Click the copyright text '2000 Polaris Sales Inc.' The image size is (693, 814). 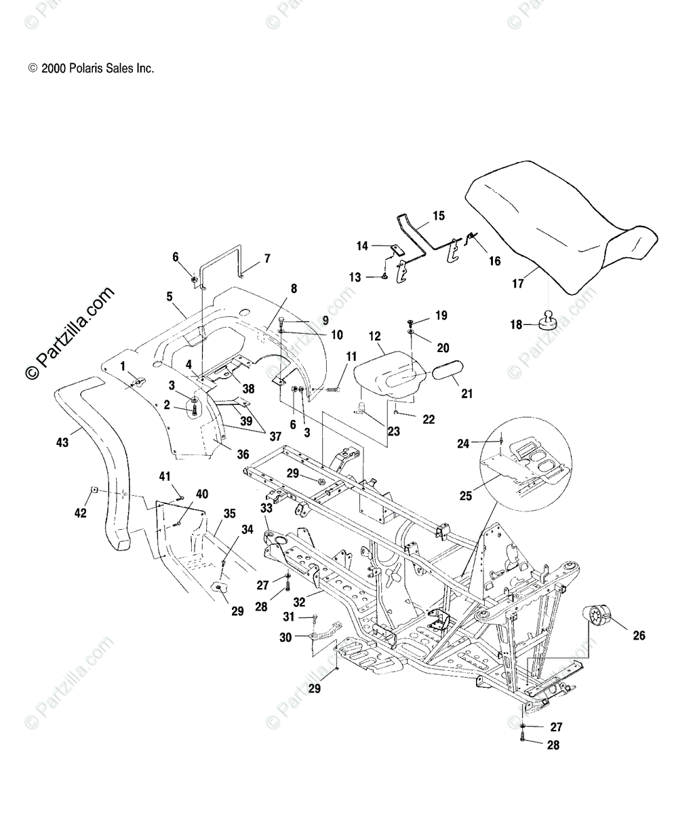click(97, 69)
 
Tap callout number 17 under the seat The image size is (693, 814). click(518, 283)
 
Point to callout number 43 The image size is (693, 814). click(62, 442)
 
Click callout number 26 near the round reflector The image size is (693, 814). click(639, 635)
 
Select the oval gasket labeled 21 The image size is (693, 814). click(448, 370)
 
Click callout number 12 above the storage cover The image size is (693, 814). click(374, 336)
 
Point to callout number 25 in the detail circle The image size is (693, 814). click(465, 496)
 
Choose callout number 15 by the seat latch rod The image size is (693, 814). click(439, 216)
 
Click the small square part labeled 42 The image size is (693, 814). click(94, 490)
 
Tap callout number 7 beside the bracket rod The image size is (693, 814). click(267, 258)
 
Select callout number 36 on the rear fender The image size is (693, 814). click(243, 454)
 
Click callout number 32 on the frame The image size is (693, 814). click(299, 602)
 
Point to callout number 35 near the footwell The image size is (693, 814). click(230, 513)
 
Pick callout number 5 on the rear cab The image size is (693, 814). click(170, 296)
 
